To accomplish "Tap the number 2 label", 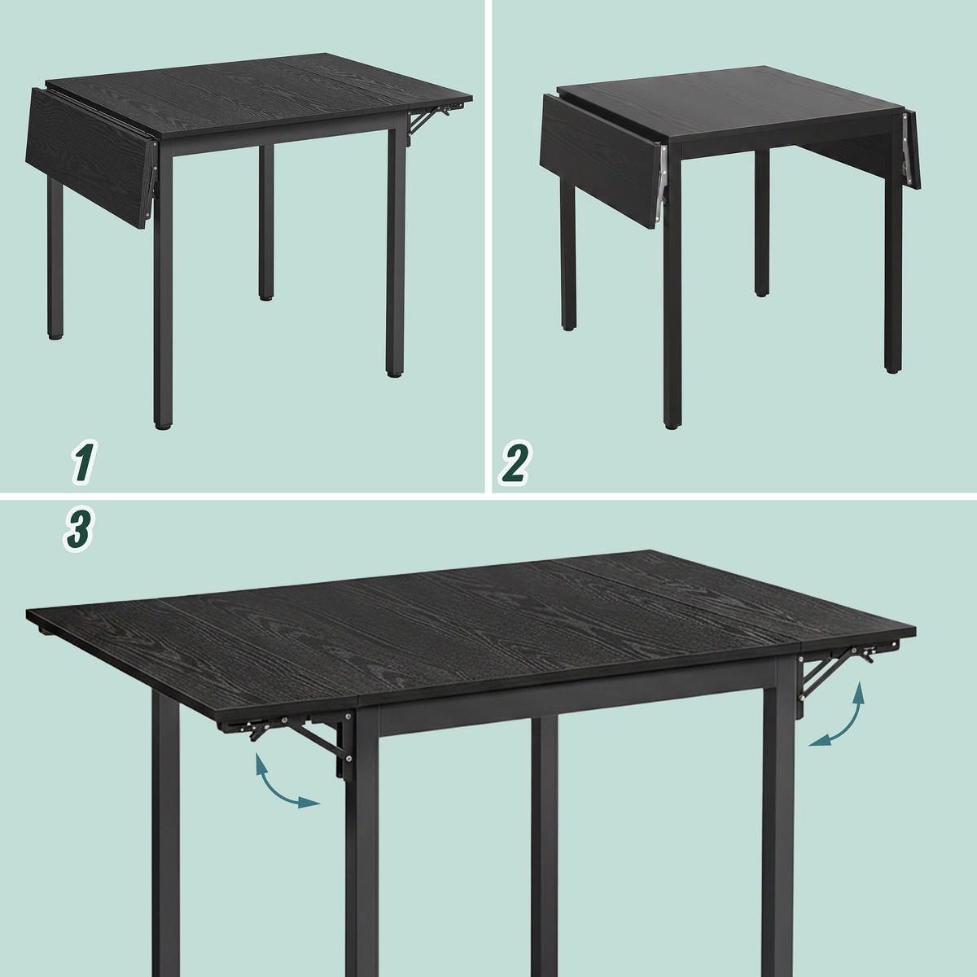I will pos(515,462).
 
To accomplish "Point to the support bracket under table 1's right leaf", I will pos(428,119).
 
